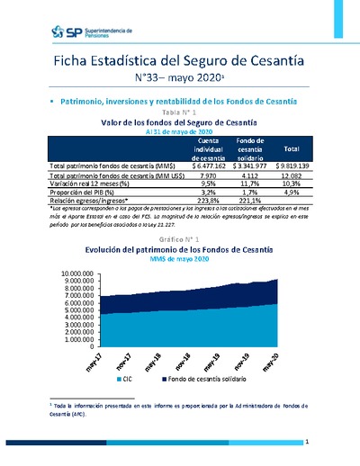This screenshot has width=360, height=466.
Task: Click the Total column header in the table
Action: pos(291,148)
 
